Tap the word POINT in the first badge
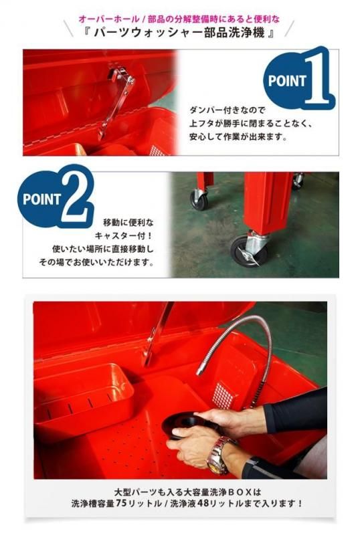click(x=287, y=81)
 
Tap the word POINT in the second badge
click(x=41, y=199)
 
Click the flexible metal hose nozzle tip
click(x=201, y=370)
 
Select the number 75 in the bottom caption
click(x=121, y=503)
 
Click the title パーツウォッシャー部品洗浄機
click(x=179, y=33)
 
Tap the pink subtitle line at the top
click(x=179, y=19)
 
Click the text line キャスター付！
click(x=124, y=236)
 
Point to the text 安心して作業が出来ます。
click(x=238, y=137)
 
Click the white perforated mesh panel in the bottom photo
click(x=223, y=396)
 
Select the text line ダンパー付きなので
click(x=228, y=110)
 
